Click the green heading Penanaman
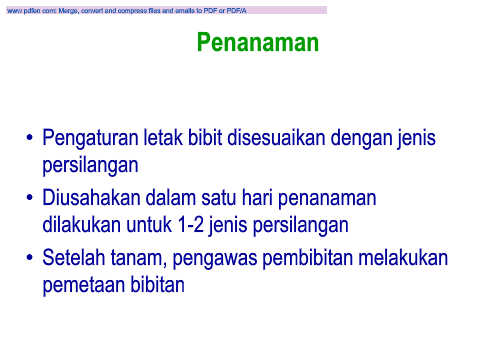[258, 42]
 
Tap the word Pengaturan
[90, 138]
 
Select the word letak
[163, 137]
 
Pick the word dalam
[170, 197]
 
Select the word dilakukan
[82, 224]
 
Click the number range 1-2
[191, 224]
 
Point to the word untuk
[149, 224]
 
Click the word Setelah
[74, 257]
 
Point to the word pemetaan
[84, 285]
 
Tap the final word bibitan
[157, 284]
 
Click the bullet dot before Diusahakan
[30, 198]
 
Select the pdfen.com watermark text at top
[127, 11]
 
